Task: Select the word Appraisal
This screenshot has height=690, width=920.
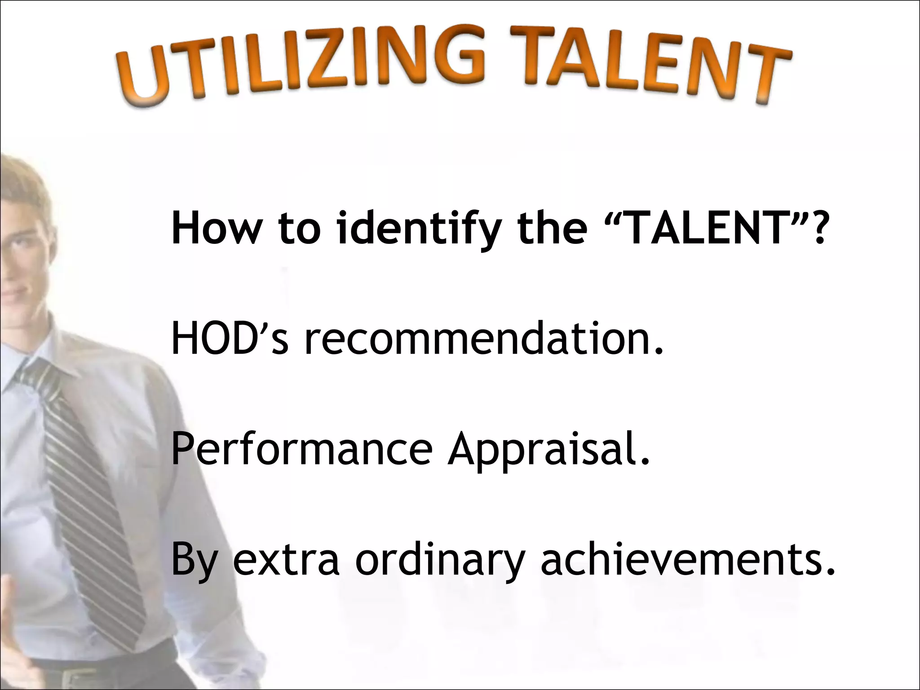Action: click(x=548, y=451)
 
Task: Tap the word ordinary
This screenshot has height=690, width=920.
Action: click(x=440, y=562)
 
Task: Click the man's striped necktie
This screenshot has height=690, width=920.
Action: click(x=90, y=494)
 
